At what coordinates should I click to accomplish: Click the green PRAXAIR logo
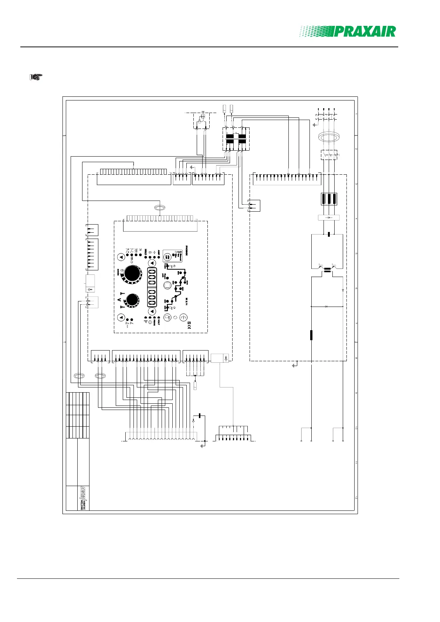click(348, 31)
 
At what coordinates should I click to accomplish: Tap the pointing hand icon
click(36, 77)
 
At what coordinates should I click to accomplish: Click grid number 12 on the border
click(356, 498)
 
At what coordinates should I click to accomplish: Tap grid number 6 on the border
click(356, 288)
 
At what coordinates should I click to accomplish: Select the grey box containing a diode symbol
click(329, 218)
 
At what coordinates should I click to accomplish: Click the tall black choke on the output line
click(311, 335)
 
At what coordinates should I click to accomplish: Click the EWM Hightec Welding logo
click(83, 498)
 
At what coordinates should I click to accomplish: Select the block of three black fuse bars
click(329, 199)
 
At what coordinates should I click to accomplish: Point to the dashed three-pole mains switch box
click(329, 154)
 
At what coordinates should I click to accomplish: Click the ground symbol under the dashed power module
click(295, 365)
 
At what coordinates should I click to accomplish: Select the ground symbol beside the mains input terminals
click(314, 124)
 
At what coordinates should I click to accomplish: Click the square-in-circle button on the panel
click(167, 285)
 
